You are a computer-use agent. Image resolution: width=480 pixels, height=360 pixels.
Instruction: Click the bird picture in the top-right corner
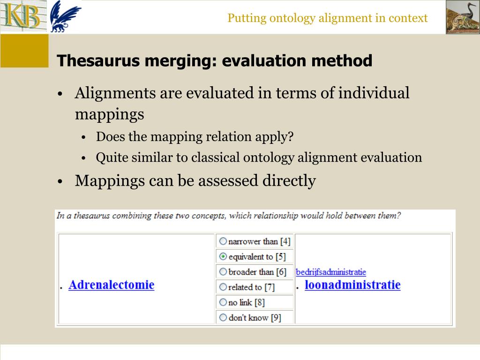(462, 17)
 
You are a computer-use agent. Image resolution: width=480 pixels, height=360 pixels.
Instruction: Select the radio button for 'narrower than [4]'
(223, 241)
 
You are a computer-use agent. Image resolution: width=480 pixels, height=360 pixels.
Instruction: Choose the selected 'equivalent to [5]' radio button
(223, 257)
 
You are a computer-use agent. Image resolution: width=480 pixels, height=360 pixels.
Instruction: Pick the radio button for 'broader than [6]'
(223, 272)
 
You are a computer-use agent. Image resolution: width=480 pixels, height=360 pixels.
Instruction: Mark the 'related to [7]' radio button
(223, 287)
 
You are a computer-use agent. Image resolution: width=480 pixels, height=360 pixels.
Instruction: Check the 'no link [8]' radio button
(223, 302)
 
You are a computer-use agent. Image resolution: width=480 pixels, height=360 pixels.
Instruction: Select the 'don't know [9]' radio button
(223, 317)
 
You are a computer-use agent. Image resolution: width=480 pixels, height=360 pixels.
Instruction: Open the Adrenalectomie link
(111, 285)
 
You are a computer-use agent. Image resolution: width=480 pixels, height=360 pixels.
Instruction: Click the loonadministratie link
(352, 285)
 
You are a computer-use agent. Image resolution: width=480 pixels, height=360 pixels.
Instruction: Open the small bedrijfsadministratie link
(330, 272)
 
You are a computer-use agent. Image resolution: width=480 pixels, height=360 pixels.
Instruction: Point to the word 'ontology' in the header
(292, 18)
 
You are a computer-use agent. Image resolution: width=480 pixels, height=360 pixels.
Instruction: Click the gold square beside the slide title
(24, 51)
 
